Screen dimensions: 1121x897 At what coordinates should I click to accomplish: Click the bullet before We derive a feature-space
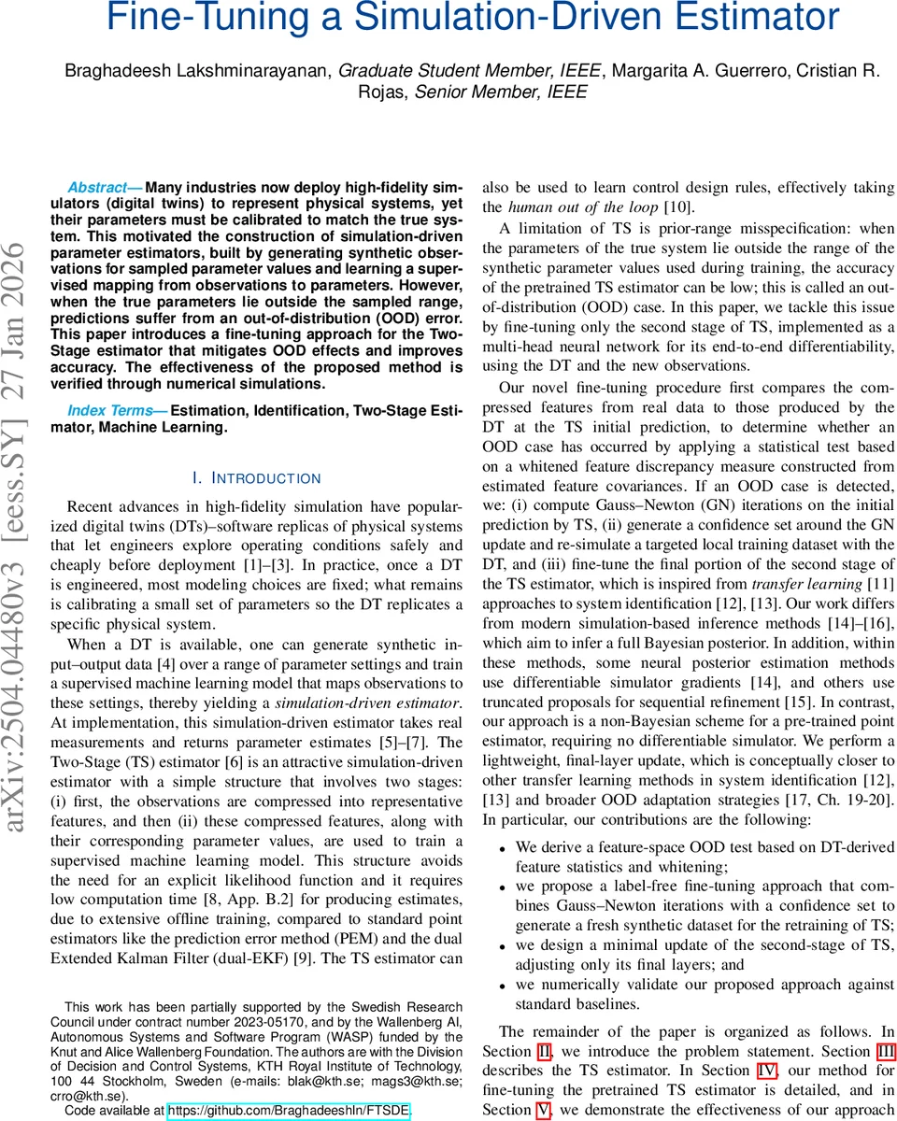(x=503, y=847)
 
